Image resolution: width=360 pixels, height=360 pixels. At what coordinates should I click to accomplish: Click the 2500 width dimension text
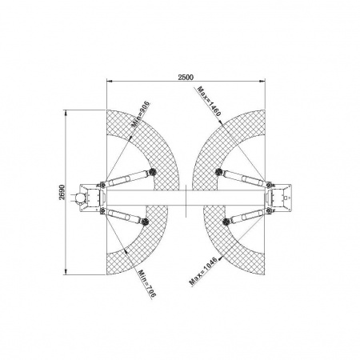pos(186,77)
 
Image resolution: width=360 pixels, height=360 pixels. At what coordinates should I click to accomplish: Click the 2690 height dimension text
pos(62,192)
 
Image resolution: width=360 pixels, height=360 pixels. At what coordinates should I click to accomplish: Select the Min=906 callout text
pos(141,114)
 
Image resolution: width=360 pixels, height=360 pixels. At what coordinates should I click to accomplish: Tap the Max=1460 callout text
pos(210,101)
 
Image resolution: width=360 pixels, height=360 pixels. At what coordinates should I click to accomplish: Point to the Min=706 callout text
pos(146,283)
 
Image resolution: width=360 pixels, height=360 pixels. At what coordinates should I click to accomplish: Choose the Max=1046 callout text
pos(202,271)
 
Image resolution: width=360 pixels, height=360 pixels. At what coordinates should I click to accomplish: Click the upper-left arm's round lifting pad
pos(152,171)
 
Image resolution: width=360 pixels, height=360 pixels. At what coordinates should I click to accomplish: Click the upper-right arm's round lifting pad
pos(218,171)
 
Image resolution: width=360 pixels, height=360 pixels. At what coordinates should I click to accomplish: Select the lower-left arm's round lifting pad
pos(146,221)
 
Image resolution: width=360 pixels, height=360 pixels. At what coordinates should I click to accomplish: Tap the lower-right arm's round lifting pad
pos(226,221)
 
